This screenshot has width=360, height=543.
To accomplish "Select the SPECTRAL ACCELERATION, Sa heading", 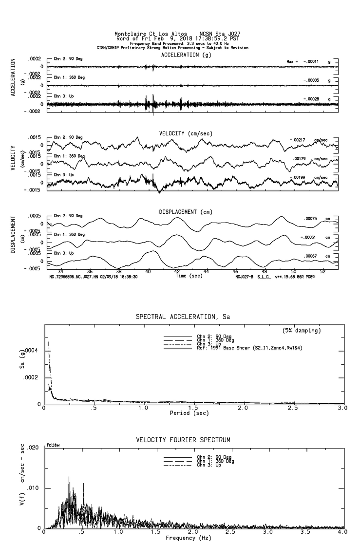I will [183, 317].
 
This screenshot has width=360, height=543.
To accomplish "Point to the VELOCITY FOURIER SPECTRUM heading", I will [183, 440].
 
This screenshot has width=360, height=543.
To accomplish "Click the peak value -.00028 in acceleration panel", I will [312, 99].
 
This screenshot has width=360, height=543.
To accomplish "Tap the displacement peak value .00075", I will [310, 219].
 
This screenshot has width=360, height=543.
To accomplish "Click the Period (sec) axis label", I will [189, 413].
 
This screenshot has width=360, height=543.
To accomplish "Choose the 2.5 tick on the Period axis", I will [292, 408].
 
